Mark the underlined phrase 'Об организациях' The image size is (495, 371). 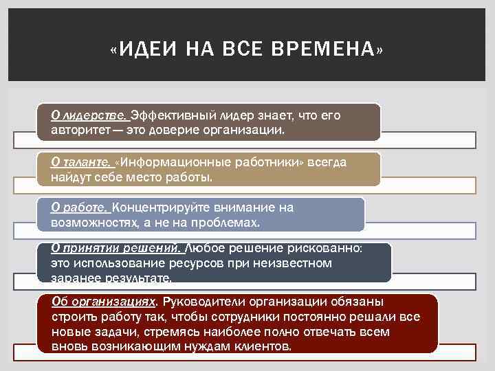point(104,302)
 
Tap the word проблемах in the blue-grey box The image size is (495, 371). point(225,223)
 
